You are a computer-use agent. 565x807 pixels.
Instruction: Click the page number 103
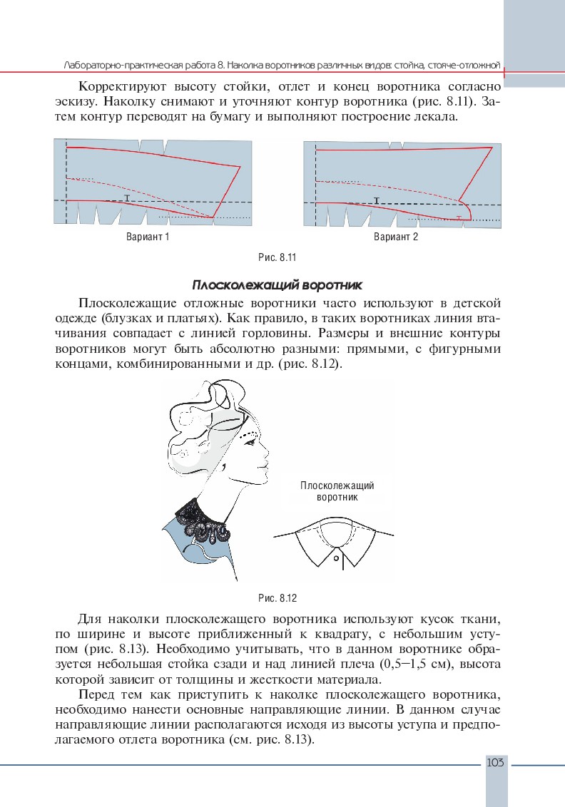[x=495, y=763]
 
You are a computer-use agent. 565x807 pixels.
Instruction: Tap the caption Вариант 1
[x=148, y=237]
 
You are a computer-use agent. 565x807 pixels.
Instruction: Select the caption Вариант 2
[x=396, y=237]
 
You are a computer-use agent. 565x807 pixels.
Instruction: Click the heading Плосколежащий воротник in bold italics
[x=278, y=285]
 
